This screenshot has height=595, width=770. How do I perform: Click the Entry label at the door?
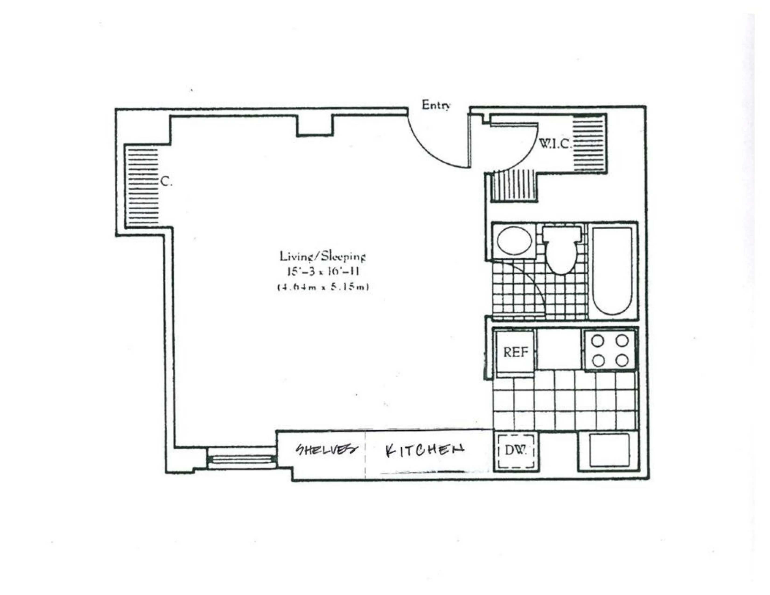(x=436, y=105)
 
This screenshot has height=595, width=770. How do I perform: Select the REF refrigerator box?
(x=515, y=352)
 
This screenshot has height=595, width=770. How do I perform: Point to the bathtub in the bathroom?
(x=612, y=271)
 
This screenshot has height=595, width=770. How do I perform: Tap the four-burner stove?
(x=610, y=350)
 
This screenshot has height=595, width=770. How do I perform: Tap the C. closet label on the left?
(x=166, y=182)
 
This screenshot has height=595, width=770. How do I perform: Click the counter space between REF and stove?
(x=559, y=349)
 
